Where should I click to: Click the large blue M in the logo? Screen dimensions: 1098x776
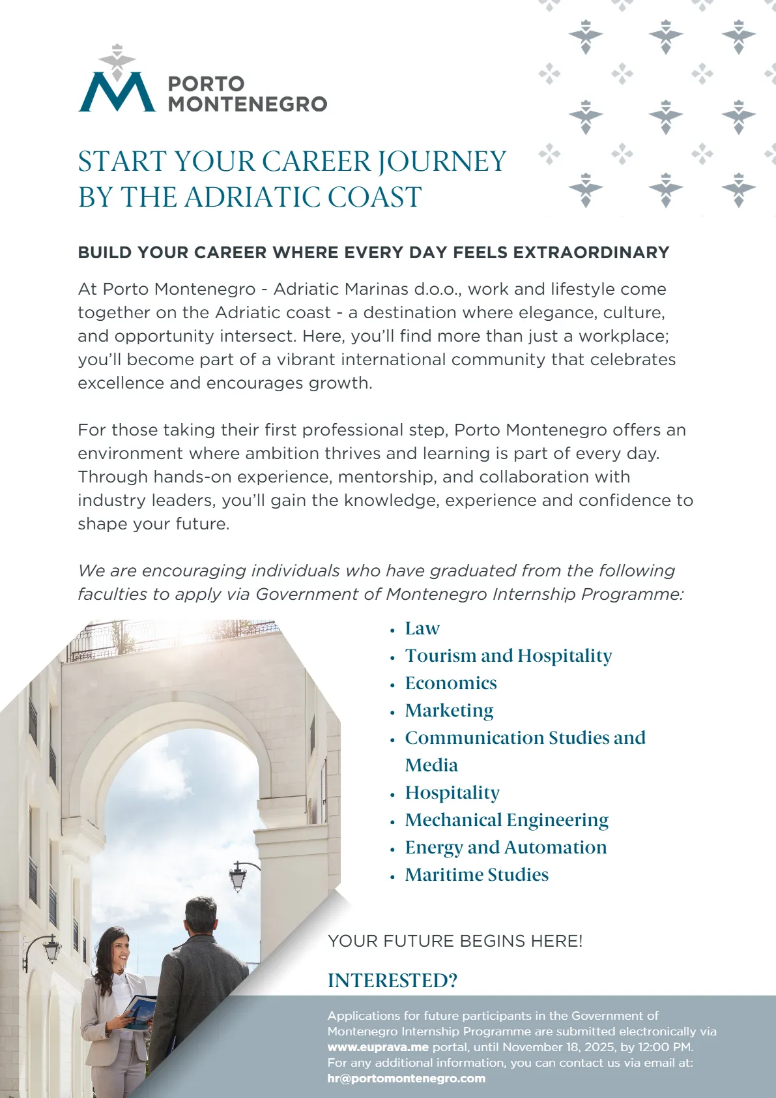[x=117, y=93]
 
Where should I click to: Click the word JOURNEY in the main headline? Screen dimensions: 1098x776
[x=442, y=162]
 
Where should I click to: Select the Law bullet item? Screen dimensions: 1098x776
[x=422, y=629]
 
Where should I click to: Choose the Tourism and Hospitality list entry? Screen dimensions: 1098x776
[x=508, y=656]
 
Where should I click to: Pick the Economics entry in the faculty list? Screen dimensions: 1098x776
[x=451, y=683]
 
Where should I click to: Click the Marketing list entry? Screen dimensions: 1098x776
[x=449, y=711]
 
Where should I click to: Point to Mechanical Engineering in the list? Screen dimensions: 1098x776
[x=506, y=820]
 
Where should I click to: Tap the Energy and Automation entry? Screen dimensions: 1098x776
[x=506, y=848]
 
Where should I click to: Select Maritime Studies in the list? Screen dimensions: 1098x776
[x=476, y=875]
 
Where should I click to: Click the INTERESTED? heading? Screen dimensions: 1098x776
[x=392, y=981]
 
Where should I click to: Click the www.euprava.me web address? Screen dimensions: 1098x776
[x=378, y=1047]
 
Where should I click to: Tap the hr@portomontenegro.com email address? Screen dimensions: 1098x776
[x=406, y=1078]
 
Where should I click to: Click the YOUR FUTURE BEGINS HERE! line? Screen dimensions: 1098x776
[x=455, y=941]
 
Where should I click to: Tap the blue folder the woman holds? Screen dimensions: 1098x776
[x=140, y=1011]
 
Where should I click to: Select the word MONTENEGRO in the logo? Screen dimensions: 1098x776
[x=248, y=104]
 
